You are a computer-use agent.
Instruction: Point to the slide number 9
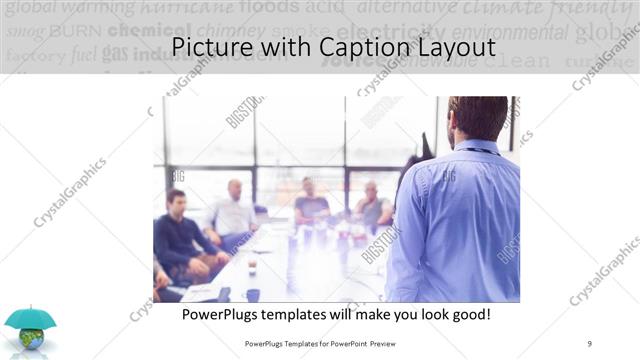(x=590, y=343)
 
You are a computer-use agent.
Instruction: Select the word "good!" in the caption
(x=468, y=314)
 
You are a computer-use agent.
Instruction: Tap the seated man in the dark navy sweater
(x=178, y=235)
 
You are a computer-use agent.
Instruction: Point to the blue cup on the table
(x=253, y=295)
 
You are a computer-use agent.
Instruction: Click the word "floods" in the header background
(x=269, y=8)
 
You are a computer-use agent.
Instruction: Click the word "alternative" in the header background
(x=401, y=8)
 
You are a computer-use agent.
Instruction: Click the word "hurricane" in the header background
(x=187, y=8)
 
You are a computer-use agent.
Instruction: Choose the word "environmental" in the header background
(x=509, y=31)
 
